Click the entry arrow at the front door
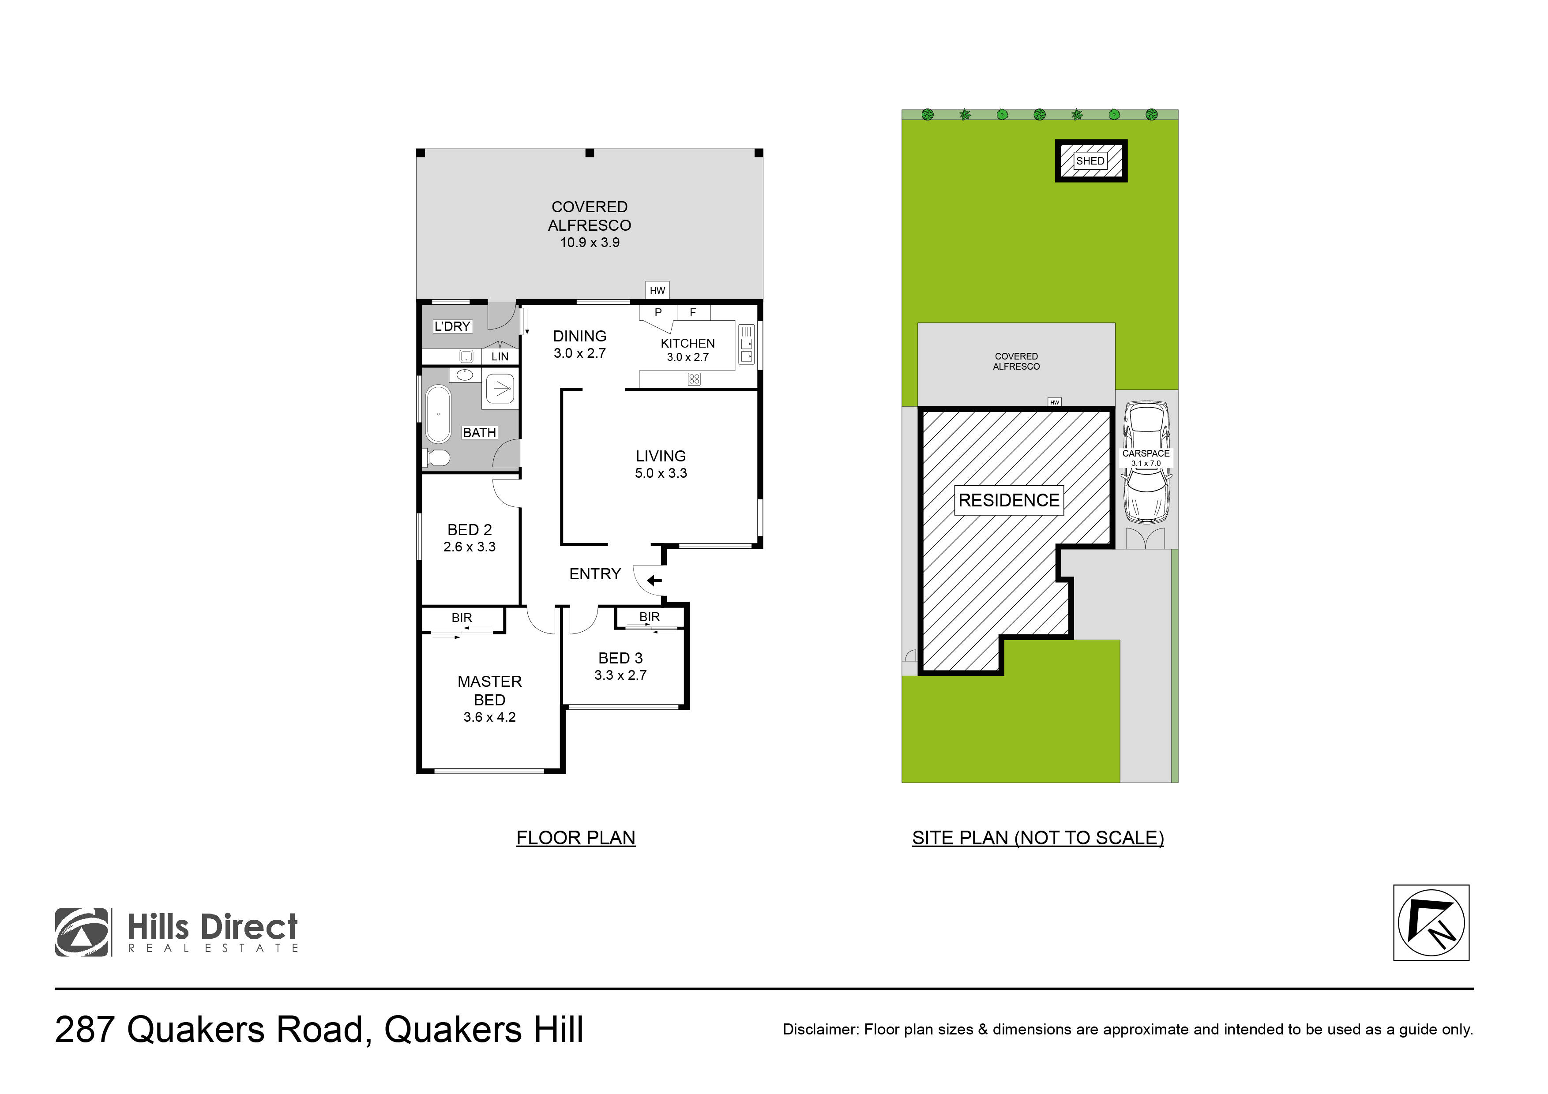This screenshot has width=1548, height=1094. click(654, 581)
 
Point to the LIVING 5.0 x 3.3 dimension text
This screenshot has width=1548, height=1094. click(660, 473)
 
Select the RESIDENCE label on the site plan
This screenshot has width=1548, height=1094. click(1009, 500)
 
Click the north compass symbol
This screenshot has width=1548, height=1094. click(1431, 923)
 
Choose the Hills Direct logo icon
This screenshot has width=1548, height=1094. click(82, 932)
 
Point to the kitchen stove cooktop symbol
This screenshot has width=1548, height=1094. click(694, 379)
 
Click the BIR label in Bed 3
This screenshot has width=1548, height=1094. click(649, 617)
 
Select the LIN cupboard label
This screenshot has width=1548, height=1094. click(500, 356)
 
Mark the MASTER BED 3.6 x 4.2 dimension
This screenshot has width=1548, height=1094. click(489, 717)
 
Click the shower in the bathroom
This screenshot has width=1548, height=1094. click(500, 389)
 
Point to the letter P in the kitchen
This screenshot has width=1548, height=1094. click(658, 312)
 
